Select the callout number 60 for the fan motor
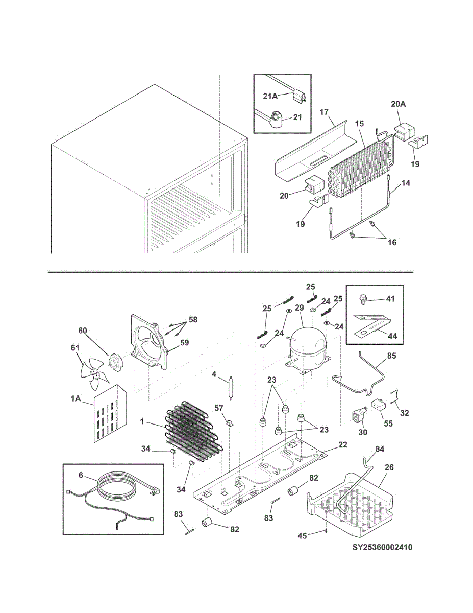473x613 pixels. (x=83, y=331)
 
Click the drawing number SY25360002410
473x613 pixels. (x=382, y=548)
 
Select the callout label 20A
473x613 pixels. (x=399, y=104)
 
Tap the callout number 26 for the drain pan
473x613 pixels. (x=389, y=466)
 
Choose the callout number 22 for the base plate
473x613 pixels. (x=342, y=445)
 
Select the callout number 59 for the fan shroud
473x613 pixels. (x=183, y=343)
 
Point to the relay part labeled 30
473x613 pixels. (x=358, y=415)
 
